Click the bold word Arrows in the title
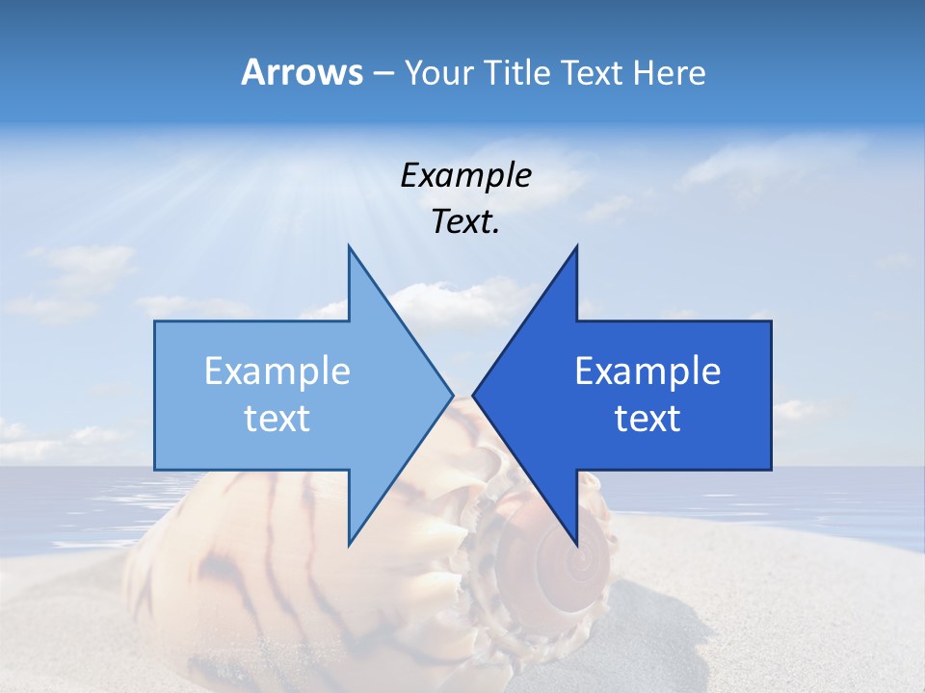pos(302,72)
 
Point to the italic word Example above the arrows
pos(465,176)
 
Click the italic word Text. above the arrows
pos(465,222)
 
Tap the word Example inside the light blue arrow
pos(277,372)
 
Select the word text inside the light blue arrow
pos(277,419)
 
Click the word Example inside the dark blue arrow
pos(647,372)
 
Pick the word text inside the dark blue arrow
pos(647,419)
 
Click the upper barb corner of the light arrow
pos(349,246)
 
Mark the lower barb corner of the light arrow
pos(349,544)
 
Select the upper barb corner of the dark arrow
pos(576,246)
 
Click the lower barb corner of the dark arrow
pos(576,544)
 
